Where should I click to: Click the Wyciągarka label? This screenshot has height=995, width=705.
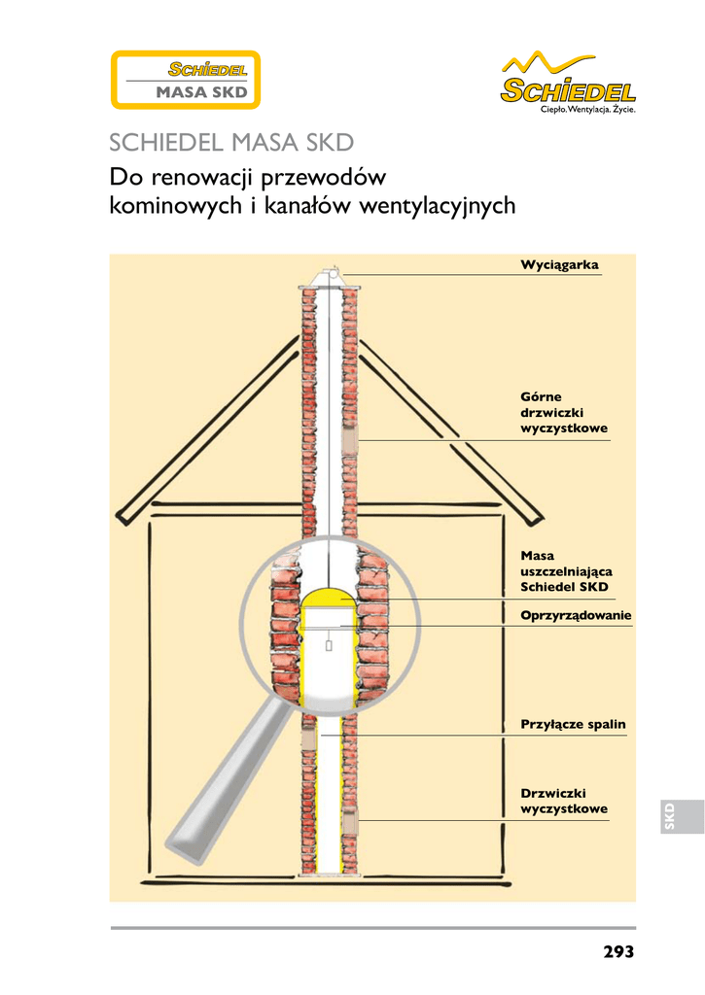(x=559, y=265)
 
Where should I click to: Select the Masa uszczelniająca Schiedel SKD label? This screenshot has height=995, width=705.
(x=565, y=571)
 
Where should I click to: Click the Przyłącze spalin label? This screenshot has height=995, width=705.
(x=573, y=725)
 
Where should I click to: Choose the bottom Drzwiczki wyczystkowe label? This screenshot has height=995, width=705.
(x=564, y=802)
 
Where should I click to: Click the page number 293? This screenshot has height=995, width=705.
(x=617, y=951)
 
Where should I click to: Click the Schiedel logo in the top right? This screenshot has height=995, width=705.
(x=568, y=87)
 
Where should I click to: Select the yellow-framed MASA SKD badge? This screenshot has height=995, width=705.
(x=183, y=80)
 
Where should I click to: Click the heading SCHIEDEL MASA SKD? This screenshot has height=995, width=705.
(x=230, y=144)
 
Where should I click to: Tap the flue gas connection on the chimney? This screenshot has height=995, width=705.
(x=308, y=738)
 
